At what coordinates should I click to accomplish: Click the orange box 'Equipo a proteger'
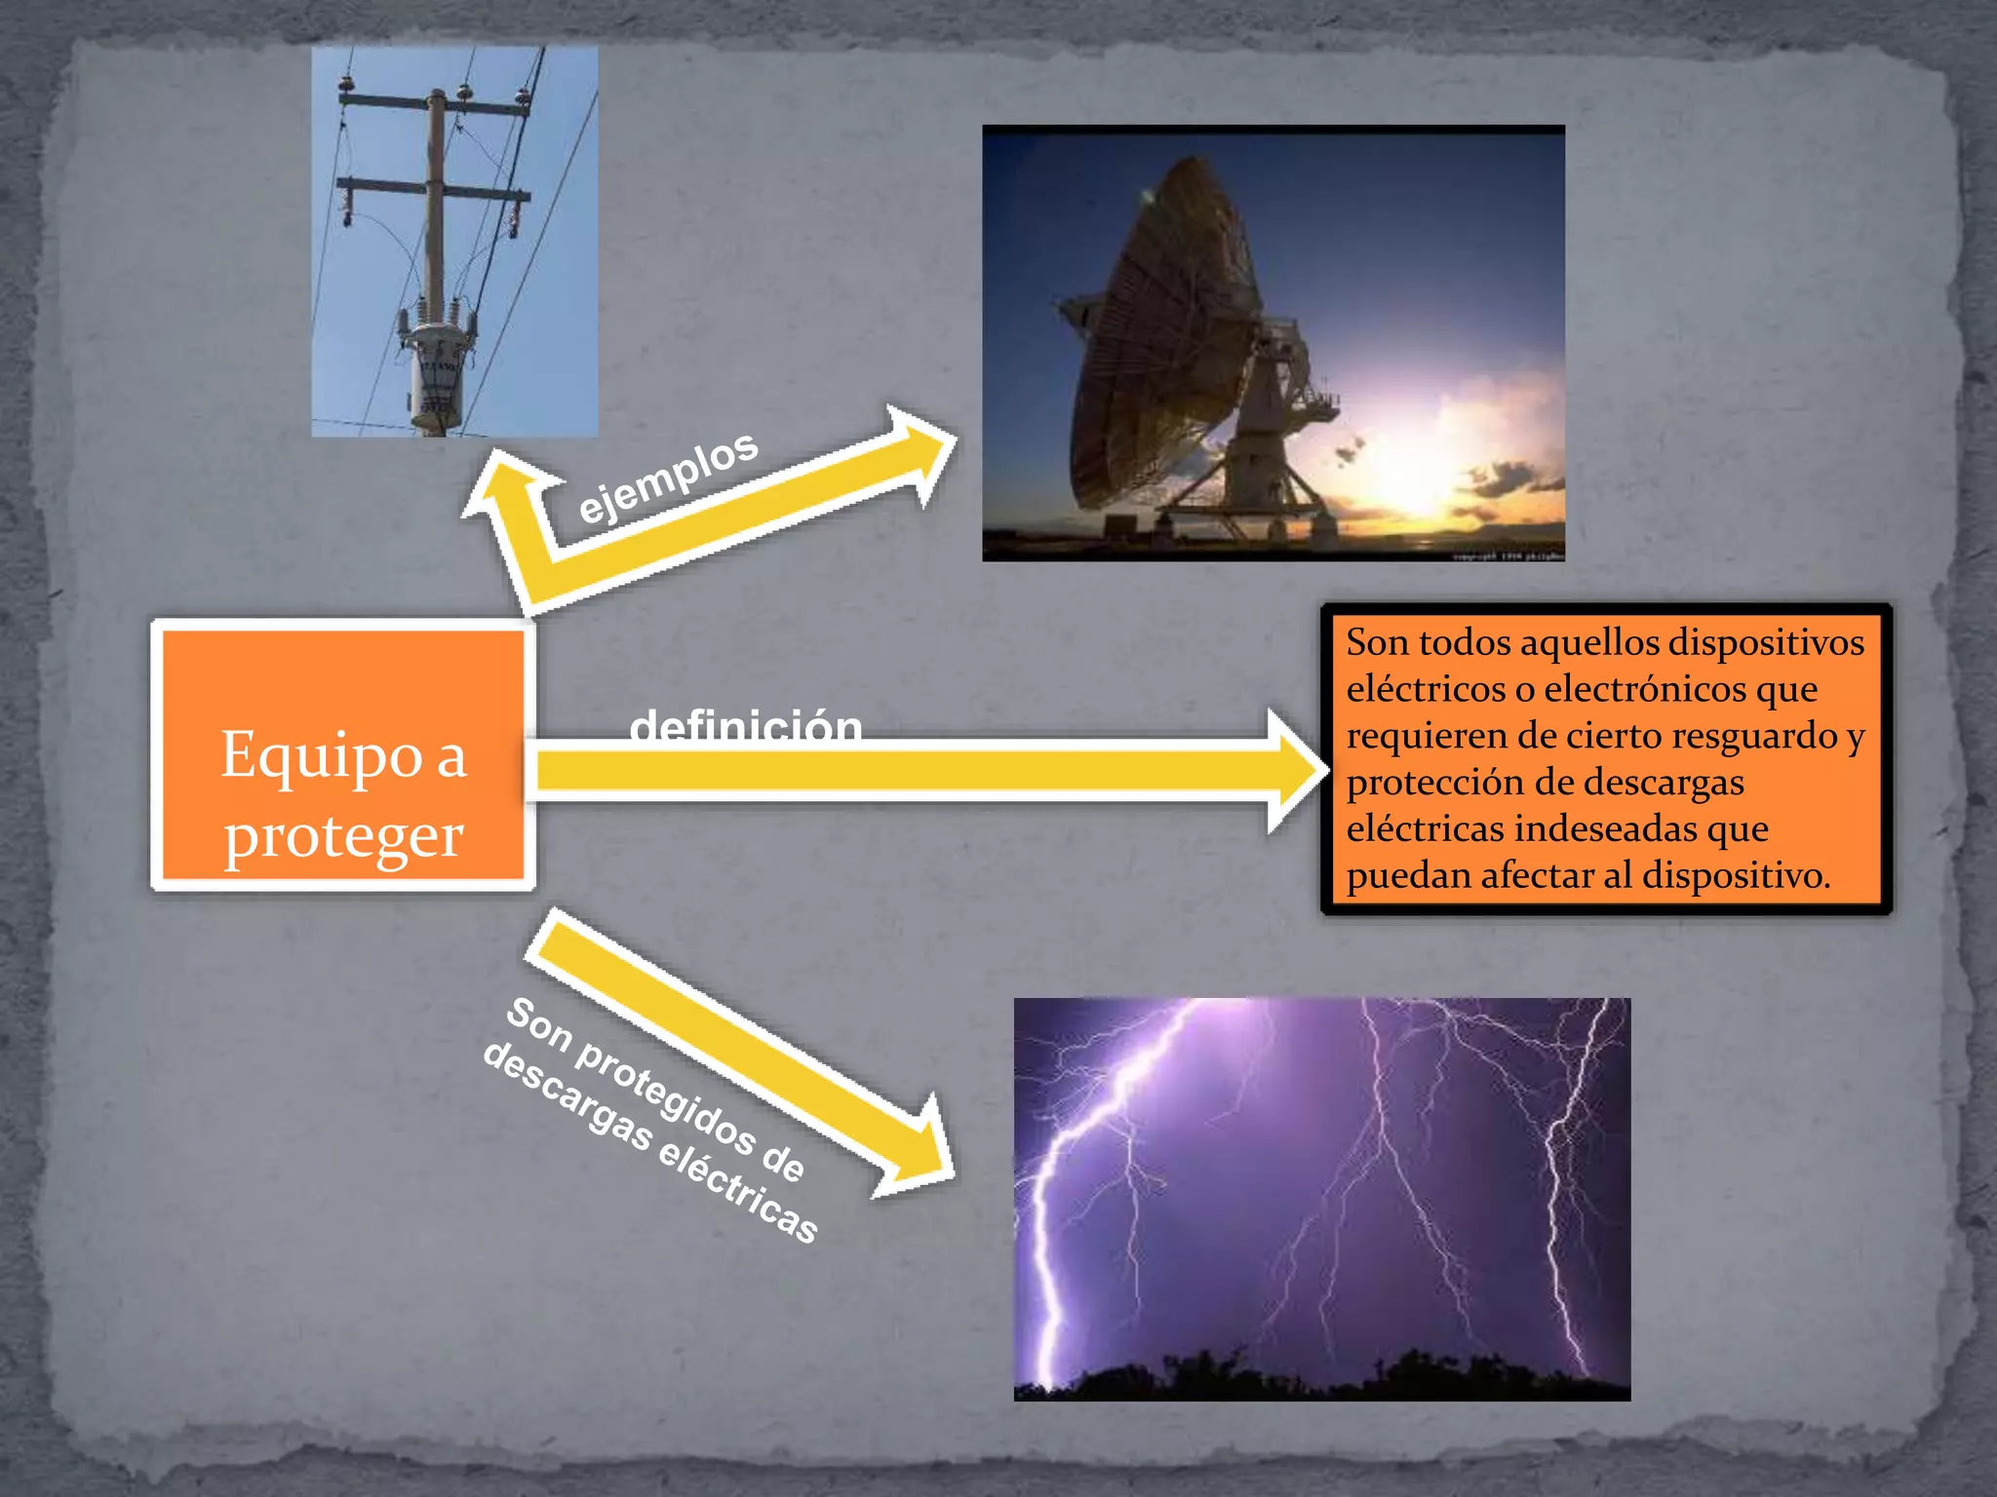coord(342,754)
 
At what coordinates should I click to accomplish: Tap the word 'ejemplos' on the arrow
coord(667,478)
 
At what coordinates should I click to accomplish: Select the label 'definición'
coord(746,726)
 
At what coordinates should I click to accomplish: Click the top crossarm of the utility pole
coord(435,102)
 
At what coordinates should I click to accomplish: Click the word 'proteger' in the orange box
coord(343,836)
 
